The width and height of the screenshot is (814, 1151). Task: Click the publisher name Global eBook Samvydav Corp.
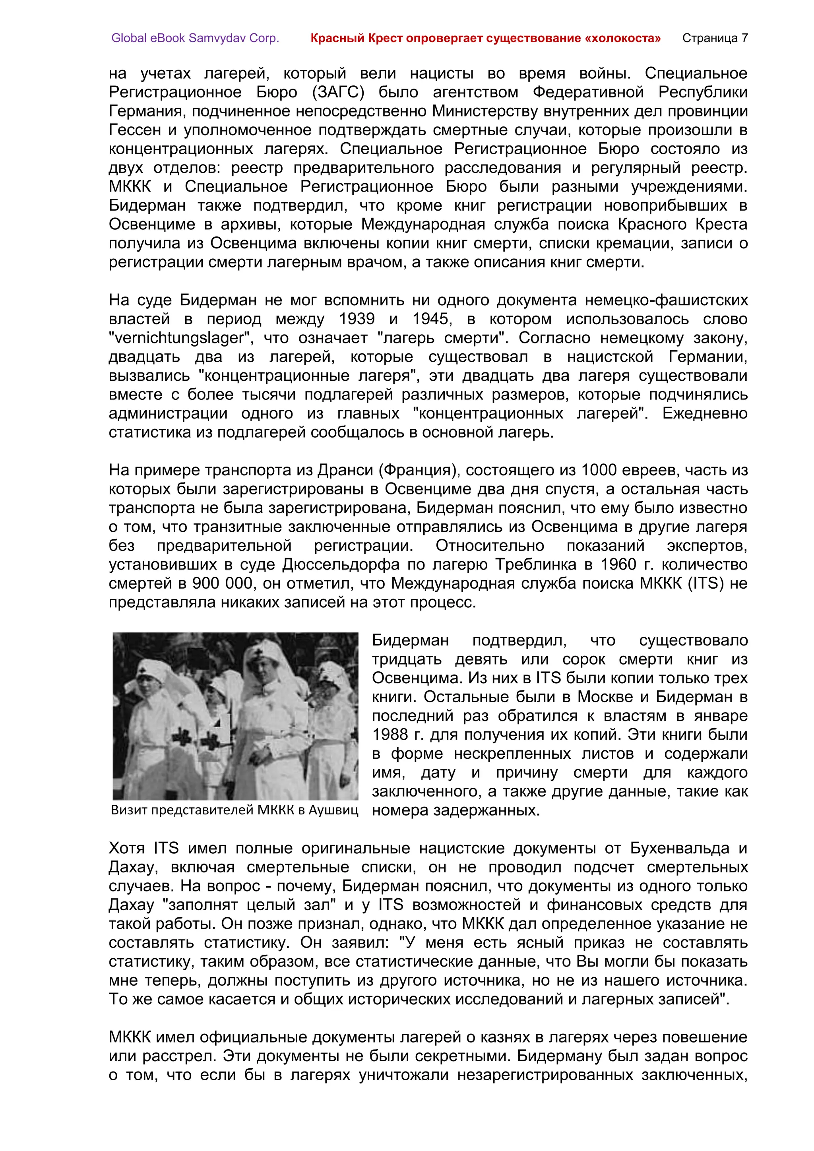195,38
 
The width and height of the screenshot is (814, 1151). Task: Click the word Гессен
133,130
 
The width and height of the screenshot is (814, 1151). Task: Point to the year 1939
357,319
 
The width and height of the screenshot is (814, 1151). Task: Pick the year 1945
430,319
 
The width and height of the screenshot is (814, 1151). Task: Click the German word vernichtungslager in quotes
179,338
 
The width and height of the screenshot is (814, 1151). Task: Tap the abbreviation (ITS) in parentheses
705,583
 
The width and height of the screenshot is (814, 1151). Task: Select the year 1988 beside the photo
390,735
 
